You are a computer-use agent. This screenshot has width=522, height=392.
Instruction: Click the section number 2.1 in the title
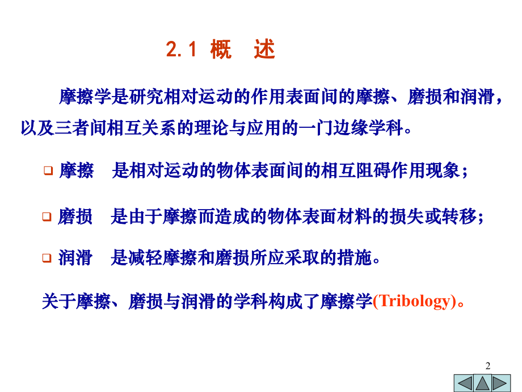click(x=181, y=50)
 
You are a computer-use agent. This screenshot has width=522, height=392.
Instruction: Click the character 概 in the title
click(x=221, y=50)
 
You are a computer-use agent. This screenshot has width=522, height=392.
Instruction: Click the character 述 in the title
click(x=264, y=50)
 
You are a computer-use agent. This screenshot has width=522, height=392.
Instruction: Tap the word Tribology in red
click(x=414, y=301)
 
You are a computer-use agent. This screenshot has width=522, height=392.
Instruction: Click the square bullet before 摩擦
click(x=48, y=170)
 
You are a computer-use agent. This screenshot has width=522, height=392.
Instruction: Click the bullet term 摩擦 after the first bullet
click(x=77, y=170)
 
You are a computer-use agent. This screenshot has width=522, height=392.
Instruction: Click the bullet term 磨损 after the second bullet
click(x=75, y=216)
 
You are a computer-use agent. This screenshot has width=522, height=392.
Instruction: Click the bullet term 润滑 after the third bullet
click(x=75, y=258)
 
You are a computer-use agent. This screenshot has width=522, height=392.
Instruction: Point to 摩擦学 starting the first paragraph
click(x=85, y=97)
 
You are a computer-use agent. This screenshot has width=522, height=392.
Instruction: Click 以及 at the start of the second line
click(x=37, y=128)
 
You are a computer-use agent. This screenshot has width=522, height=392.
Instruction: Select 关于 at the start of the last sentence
click(x=59, y=301)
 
